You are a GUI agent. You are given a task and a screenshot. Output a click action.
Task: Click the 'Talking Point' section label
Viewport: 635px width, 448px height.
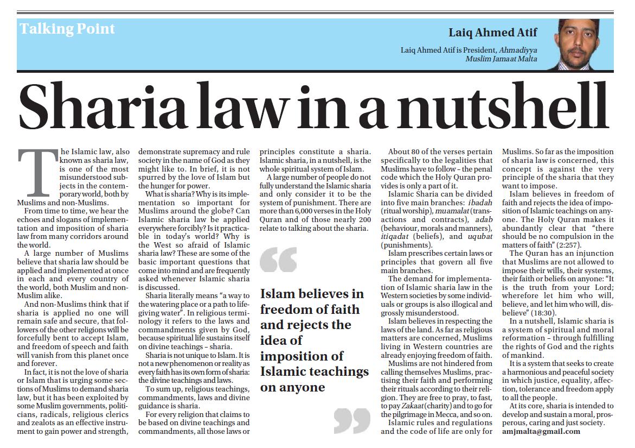pos(67,29)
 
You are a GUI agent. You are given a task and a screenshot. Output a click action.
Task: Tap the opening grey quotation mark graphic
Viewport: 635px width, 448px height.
pos(278,259)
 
